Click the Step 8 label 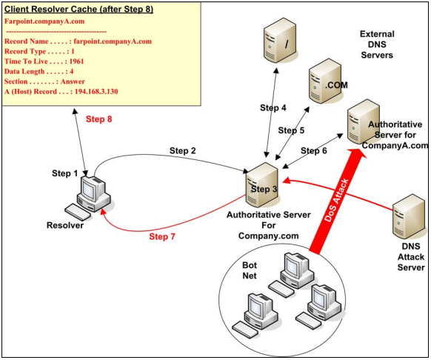(x=99, y=119)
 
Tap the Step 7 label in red (x=162, y=236)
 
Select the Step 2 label (x=182, y=150)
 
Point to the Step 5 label (x=291, y=130)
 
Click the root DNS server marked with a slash (x=280, y=40)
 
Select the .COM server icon (x=325, y=81)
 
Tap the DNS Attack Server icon (x=409, y=217)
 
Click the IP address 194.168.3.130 (x=96, y=91)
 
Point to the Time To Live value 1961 (x=76, y=61)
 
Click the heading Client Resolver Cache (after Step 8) (x=78, y=9)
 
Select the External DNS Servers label (x=377, y=44)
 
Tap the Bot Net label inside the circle (x=250, y=270)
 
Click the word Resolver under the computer (x=65, y=225)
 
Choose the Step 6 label (x=314, y=150)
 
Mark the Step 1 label (x=65, y=173)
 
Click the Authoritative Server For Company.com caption (x=269, y=225)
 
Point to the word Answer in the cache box (x=73, y=81)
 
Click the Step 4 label (x=273, y=108)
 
